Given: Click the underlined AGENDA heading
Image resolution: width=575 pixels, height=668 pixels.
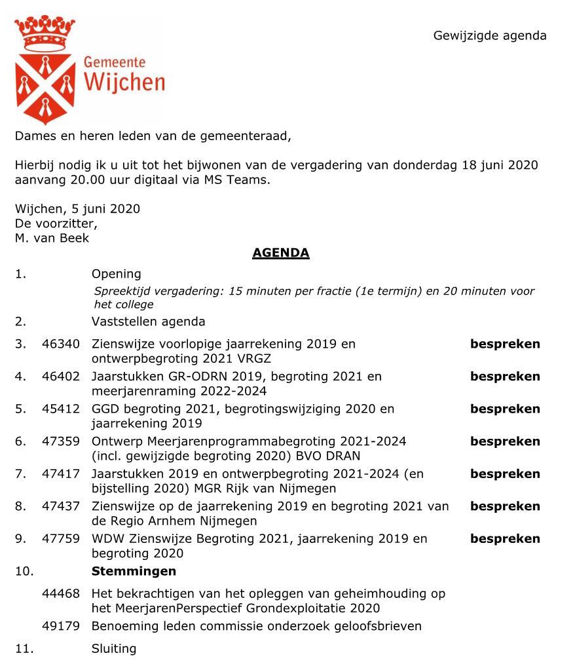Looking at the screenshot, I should click(280, 253).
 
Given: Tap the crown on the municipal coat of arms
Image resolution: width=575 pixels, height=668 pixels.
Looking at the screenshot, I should click(45, 33).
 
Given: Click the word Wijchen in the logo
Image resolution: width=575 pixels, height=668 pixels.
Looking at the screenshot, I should click(124, 83).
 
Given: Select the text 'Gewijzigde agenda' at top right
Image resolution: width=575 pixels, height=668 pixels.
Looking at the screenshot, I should click(489, 36).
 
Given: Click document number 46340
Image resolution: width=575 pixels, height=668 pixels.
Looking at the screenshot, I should click(61, 344).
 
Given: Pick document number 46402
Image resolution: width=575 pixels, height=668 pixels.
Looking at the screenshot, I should click(61, 377).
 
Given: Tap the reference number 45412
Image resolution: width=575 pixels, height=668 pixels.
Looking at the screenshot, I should click(61, 409).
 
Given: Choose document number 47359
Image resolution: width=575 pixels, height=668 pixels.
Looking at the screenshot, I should click(61, 441).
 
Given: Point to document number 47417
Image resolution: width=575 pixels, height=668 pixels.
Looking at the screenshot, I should click(61, 473).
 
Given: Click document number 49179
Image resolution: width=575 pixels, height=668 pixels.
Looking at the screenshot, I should click(61, 626).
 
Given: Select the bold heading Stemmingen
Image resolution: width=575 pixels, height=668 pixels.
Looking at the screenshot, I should click(134, 571).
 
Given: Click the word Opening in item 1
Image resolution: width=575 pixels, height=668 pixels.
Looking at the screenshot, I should click(116, 274).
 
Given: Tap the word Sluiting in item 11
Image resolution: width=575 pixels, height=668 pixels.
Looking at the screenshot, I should click(114, 649).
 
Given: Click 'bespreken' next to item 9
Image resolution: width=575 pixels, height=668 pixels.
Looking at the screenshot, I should click(505, 539).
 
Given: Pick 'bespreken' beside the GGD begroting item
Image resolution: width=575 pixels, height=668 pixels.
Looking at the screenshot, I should click(505, 409).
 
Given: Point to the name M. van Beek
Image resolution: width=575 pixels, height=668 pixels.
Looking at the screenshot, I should click(52, 238).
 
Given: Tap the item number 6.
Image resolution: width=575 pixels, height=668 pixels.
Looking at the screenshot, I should click(20, 441).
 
